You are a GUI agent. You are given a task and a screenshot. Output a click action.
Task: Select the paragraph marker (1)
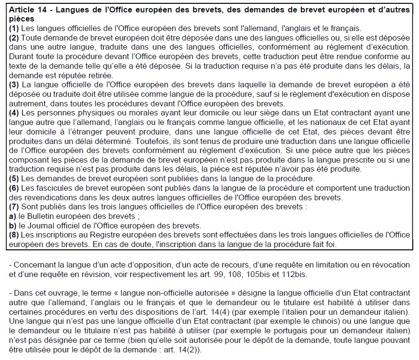point(13,28)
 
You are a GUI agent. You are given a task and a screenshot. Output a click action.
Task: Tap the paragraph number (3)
point(13,84)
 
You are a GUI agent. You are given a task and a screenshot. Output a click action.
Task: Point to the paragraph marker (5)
point(13,179)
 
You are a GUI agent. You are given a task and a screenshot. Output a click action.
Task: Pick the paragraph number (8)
point(13,235)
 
